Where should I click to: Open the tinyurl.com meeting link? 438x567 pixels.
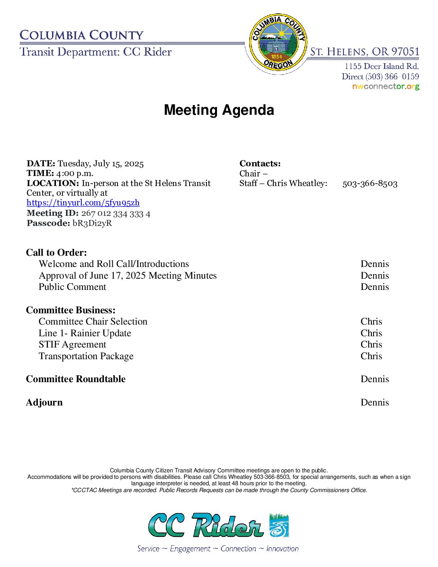tap(83, 203)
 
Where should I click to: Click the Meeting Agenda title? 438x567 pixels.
tap(219, 110)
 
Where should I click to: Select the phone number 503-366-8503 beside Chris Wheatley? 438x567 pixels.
tap(370, 184)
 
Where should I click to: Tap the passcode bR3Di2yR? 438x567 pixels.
tap(92, 223)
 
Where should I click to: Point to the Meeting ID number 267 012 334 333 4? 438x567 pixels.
tap(116, 213)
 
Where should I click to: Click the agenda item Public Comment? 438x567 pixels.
tap(72, 287)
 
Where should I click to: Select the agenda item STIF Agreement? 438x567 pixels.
tap(72, 344)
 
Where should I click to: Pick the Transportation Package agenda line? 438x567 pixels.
tap(86, 356)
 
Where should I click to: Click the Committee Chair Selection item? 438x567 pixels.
tap(93, 321)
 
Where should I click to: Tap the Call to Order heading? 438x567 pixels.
tap(56, 252)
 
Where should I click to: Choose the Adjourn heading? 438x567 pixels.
tap(44, 402)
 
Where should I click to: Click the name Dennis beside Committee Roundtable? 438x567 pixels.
tap(374, 379)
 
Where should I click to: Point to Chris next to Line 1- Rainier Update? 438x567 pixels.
tap(371, 333)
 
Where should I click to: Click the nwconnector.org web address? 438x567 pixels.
tap(386, 87)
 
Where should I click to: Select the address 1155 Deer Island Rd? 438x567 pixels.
tap(381, 66)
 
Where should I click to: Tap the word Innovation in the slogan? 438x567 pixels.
tap(282, 548)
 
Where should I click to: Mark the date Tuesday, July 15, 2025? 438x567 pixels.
tap(101, 163)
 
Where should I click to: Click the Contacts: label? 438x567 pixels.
tap(260, 163)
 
